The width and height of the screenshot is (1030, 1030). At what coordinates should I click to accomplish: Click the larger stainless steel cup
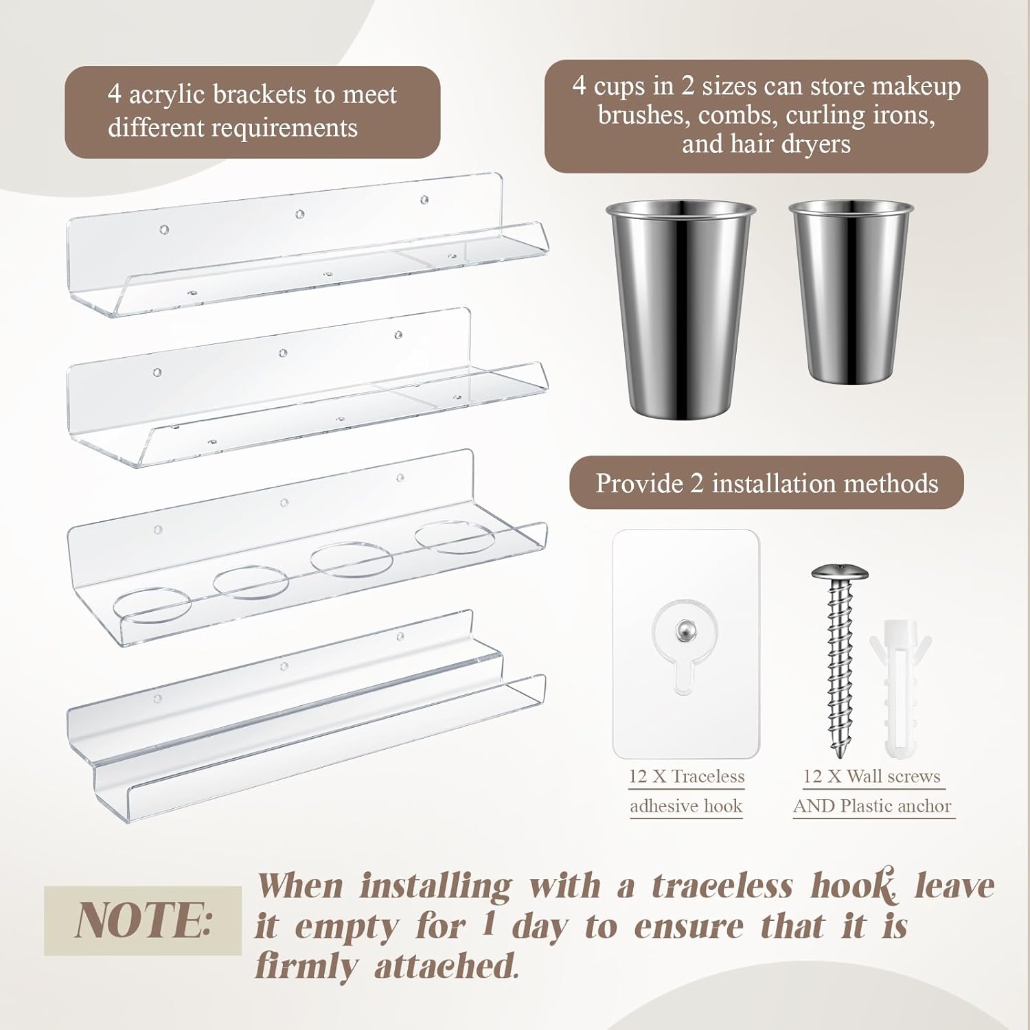[x=680, y=309]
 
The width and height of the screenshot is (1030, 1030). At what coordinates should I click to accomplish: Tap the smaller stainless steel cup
[x=851, y=292]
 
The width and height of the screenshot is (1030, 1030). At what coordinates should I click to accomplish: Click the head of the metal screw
[x=840, y=574]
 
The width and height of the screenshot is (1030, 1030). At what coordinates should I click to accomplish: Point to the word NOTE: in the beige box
[x=143, y=920]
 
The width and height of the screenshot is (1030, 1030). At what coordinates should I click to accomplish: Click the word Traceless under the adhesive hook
[x=709, y=777]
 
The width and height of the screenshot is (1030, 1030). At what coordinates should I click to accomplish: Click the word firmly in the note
[x=306, y=967]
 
